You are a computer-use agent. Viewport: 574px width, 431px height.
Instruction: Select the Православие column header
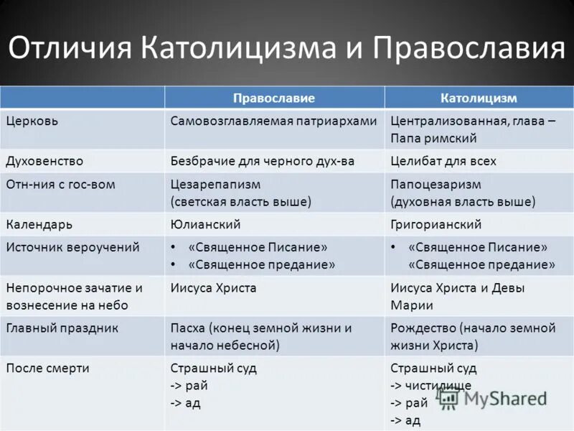click(x=274, y=98)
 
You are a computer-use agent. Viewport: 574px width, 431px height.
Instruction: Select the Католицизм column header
click(x=479, y=98)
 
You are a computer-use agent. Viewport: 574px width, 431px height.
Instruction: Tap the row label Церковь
click(x=32, y=121)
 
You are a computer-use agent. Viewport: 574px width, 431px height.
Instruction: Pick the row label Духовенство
click(x=44, y=161)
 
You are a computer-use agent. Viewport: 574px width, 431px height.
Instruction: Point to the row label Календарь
click(x=39, y=224)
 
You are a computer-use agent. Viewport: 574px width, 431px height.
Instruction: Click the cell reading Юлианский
click(x=204, y=224)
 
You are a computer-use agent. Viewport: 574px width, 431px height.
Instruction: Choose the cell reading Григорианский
click(x=436, y=224)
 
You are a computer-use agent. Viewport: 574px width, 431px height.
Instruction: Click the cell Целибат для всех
click(x=443, y=161)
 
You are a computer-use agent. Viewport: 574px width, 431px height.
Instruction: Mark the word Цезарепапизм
click(x=215, y=185)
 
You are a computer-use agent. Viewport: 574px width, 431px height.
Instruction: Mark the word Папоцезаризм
click(x=436, y=185)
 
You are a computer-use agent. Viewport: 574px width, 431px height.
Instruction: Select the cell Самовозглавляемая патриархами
click(x=273, y=121)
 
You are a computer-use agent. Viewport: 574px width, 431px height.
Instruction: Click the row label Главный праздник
click(x=62, y=328)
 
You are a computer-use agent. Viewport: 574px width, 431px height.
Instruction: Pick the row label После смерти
click(x=47, y=369)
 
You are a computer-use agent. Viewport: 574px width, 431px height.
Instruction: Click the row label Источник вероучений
click(x=72, y=247)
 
